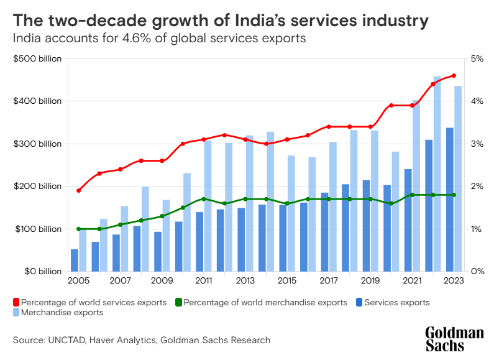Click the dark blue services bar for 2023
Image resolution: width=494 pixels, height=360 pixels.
pyautogui.click(x=450, y=200)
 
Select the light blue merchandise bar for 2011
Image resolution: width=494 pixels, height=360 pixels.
pyautogui.click(x=208, y=206)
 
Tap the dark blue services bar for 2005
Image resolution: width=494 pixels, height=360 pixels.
pyautogui.click(x=75, y=260)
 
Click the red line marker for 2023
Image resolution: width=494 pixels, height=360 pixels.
pyautogui.click(x=454, y=76)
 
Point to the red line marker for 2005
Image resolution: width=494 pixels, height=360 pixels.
pyautogui.click(x=78, y=190)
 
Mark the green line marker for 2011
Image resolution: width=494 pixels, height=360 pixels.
pyautogui.click(x=204, y=199)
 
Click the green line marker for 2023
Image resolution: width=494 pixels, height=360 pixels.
pyautogui.click(x=454, y=195)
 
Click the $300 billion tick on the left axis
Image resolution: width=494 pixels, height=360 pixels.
pyautogui.click(x=37, y=144)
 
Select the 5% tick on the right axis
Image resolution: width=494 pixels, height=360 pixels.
pyautogui.click(x=477, y=59)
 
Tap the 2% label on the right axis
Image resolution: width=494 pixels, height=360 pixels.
pyautogui.click(x=477, y=187)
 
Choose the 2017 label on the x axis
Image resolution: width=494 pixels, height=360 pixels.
pyautogui.click(x=329, y=281)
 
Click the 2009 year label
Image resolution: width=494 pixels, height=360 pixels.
pyautogui.click(x=162, y=281)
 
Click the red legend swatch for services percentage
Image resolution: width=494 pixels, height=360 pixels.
pyautogui.click(x=16, y=303)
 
